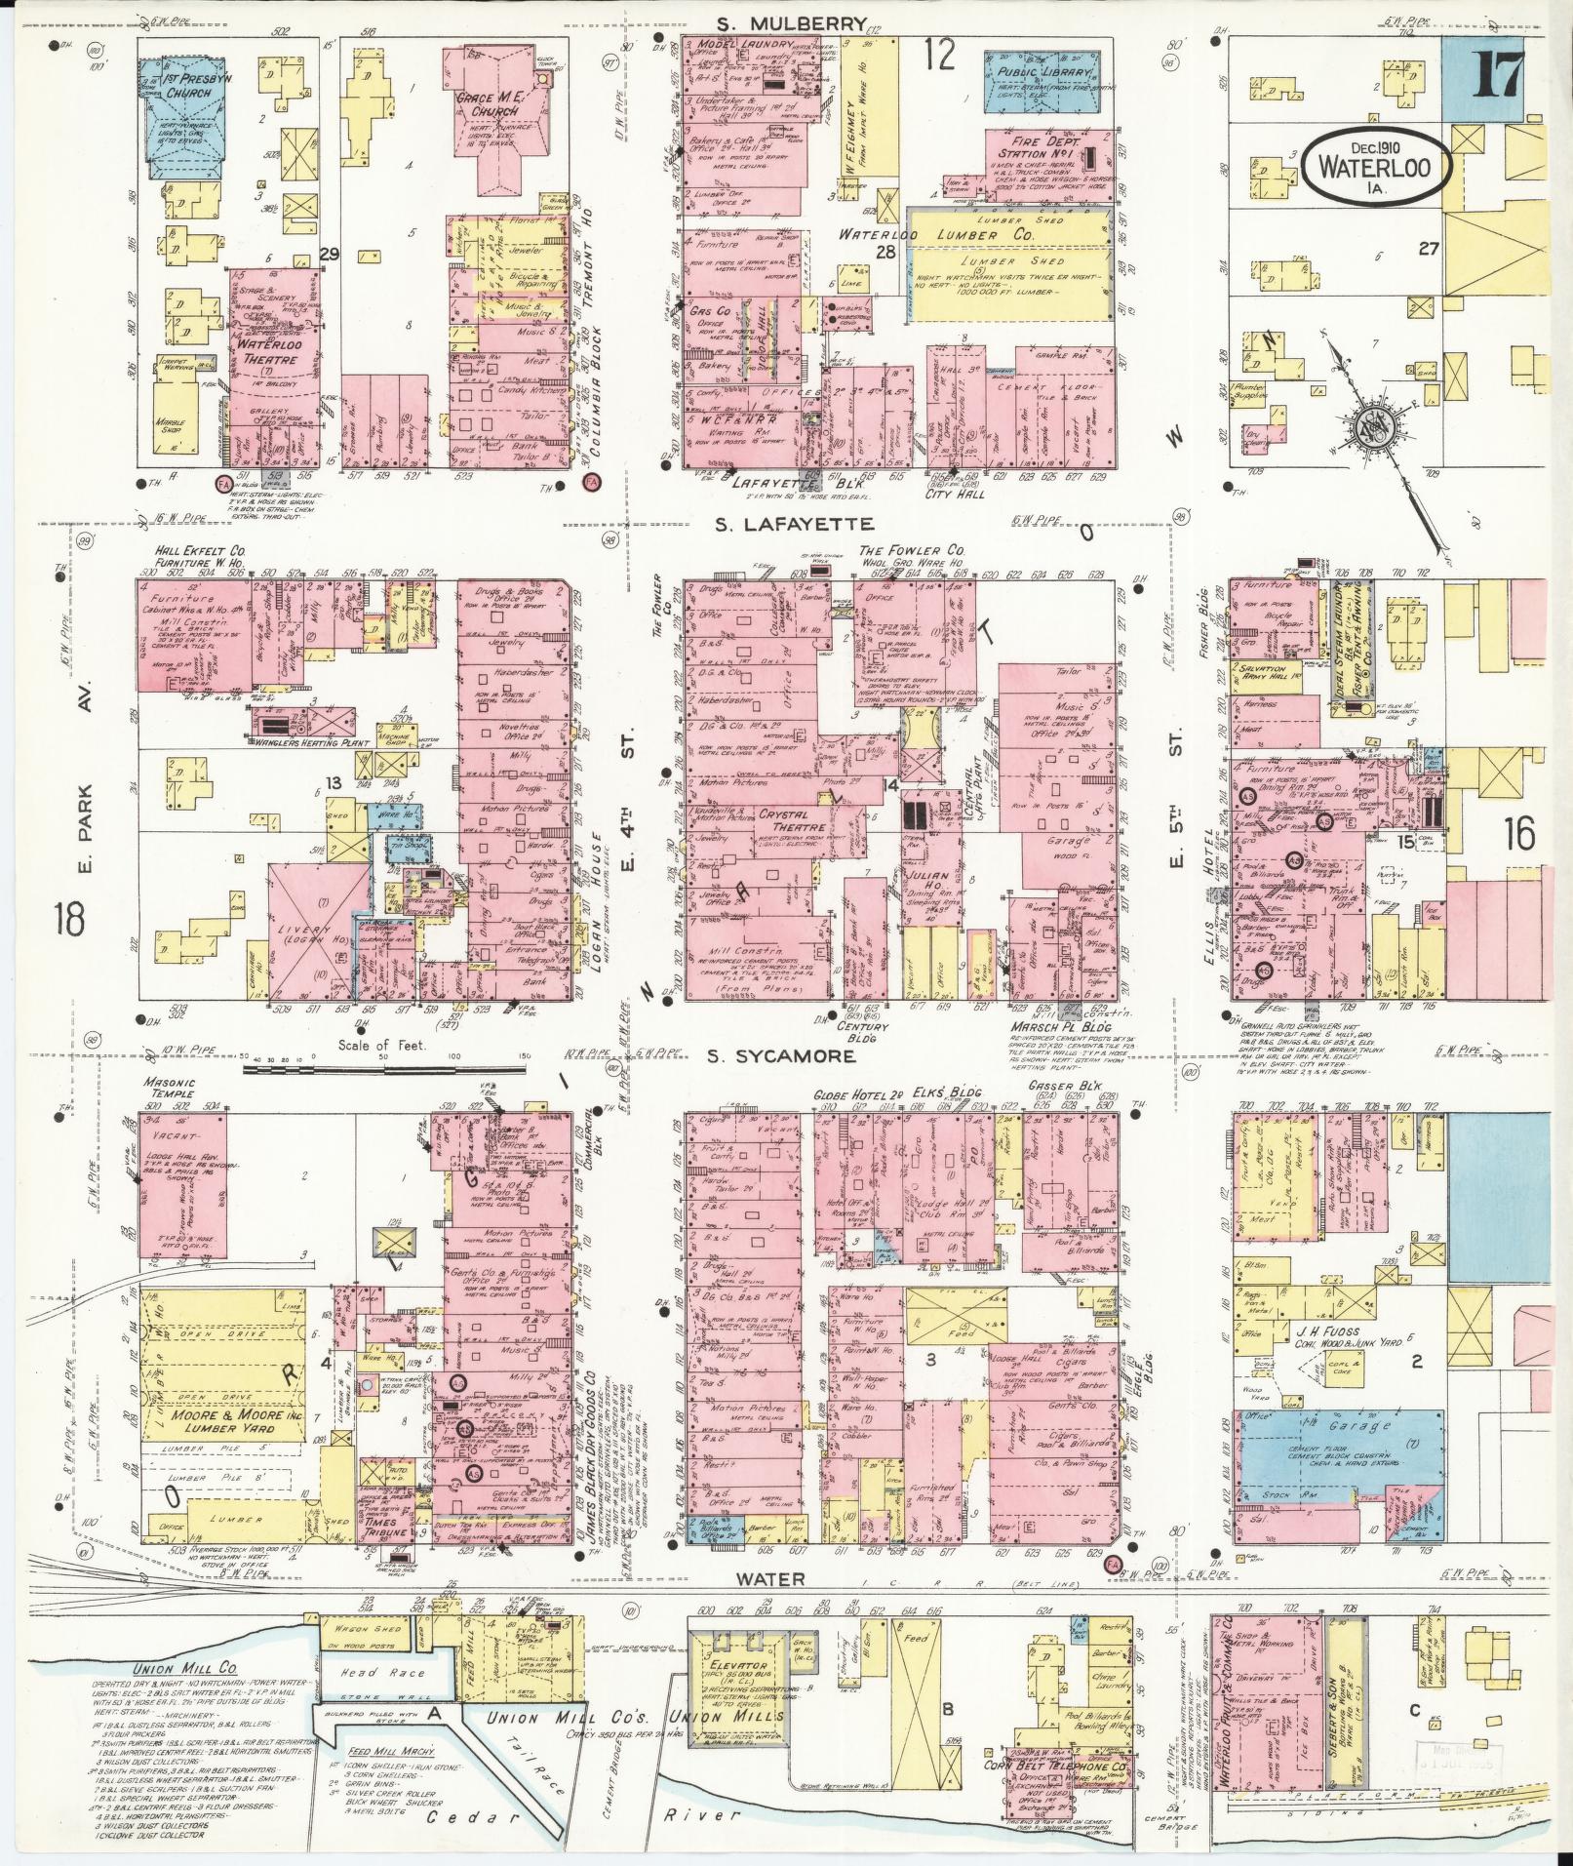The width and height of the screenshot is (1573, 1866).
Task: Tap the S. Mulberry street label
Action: pyautogui.click(x=788, y=24)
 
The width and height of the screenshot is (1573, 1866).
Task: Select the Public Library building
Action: pyautogui.click(x=1036, y=75)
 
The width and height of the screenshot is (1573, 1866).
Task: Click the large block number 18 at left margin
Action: pyautogui.click(x=70, y=917)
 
